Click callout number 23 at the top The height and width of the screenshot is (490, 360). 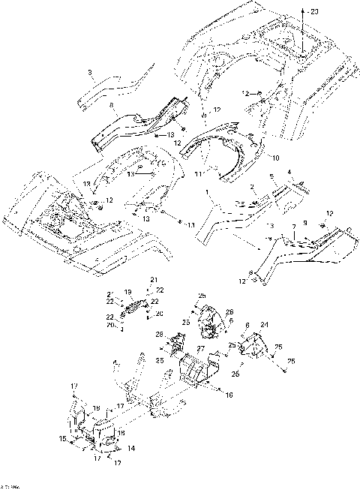pos(314,11)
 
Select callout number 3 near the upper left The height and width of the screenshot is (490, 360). pos(89,72)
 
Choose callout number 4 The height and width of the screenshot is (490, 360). pos(288,172)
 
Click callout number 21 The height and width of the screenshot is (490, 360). pos(154,280)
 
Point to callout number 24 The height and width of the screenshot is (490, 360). pos(264,324)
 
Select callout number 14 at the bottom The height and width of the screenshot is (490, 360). pos(132,448)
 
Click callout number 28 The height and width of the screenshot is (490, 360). pos(159,335)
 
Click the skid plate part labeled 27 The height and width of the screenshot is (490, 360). pos(196,369)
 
